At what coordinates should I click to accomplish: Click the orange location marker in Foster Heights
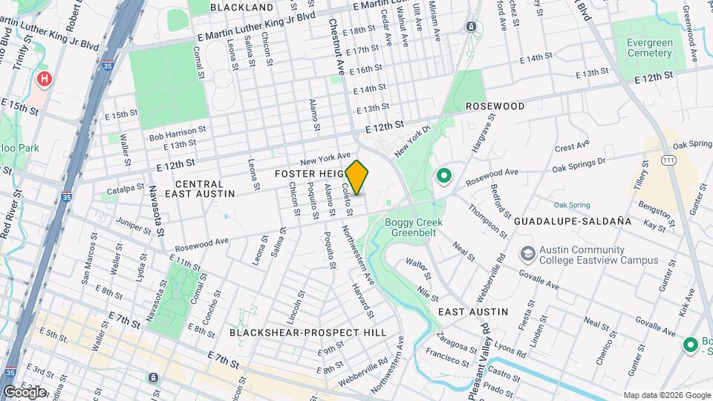tap(357, 177)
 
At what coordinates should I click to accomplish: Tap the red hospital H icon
tap(45, 78)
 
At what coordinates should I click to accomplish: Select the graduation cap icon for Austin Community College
tap(528, 254)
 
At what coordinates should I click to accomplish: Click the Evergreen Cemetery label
tap(649, 48)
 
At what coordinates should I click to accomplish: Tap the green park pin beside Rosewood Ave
tap(444, 176)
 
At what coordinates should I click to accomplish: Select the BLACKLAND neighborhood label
tap(241, 7)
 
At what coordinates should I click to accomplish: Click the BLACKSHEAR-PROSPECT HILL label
tap(307, 333)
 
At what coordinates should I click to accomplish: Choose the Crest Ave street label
tap(572, 145)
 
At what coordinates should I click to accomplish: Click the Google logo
tap(25, 392)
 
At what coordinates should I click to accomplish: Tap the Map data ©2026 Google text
tap(666, 395)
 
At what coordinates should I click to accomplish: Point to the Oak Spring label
tap(571, 205)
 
